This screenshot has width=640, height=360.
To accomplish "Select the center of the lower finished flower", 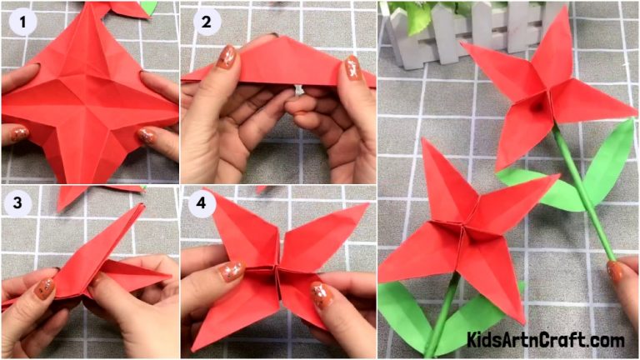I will tap(467, 227).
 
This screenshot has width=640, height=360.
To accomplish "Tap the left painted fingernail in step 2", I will tap(226, 57).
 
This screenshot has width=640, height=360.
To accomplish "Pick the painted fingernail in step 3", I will tap(45, 288).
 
